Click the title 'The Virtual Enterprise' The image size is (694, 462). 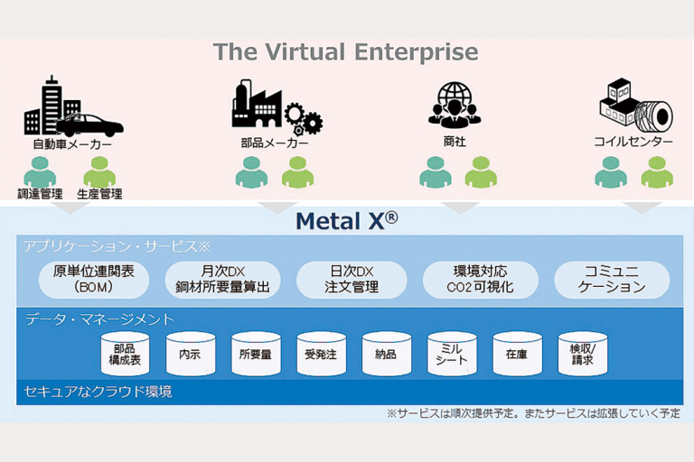346,51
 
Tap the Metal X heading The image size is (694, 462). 346,221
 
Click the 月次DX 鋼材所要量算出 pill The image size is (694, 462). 222,280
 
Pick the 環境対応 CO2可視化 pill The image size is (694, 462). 479,280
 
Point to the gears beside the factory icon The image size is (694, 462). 304,120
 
